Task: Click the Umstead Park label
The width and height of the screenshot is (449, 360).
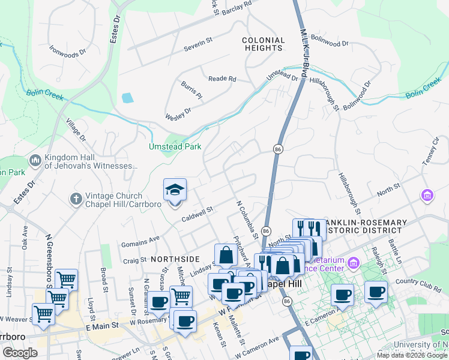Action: (175, 146)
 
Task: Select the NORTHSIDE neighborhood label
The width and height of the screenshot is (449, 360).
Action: (175, 258)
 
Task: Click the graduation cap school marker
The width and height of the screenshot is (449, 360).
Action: (175, 191)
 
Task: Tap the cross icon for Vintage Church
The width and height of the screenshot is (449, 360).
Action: (76, 198)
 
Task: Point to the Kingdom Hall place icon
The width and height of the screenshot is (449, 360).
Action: (35, 161)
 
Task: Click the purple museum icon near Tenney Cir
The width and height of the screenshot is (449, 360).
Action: (427, 195)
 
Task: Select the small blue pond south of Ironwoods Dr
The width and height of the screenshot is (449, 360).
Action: (127, 98)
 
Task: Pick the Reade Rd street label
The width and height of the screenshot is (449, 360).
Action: (222, 79)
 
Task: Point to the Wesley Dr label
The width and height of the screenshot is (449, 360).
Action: (178, 112)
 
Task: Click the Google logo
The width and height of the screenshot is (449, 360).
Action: (20, 352)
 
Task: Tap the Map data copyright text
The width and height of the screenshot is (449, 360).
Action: (412, 355)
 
